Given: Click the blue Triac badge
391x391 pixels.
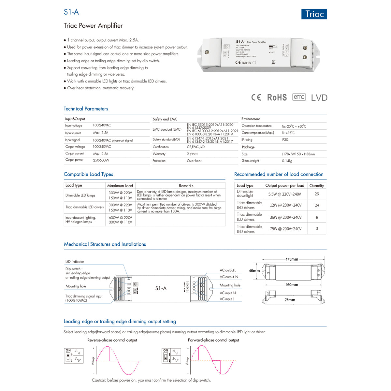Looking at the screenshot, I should coord(314,14).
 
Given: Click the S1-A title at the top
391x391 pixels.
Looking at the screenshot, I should coord(71,12).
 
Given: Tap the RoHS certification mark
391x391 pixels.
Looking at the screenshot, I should coord(277,97).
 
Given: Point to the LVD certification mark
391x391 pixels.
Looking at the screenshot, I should coord(319,98).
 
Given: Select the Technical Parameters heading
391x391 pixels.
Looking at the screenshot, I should coord(86,109).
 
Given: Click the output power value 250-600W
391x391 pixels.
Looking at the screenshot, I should coord(101,160).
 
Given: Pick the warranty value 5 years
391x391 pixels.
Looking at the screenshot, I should coord(192,153).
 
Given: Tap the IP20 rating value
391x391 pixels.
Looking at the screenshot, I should coord(285,140).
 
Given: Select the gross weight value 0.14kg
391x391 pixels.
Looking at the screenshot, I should coord(287,161).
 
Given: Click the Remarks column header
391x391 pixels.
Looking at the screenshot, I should coord(186,186).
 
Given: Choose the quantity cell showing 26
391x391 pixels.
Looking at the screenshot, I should coord(317,194).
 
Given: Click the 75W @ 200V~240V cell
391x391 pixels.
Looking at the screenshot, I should coord(285,229).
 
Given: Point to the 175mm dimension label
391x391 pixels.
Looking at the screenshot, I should coord(292,259).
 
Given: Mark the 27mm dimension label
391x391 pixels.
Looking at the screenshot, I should coord(290,300).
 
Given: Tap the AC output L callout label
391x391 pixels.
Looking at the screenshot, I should coord(228,270).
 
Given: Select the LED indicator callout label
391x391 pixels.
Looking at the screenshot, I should coord(75,262).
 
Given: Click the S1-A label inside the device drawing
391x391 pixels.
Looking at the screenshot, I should coord(161,288).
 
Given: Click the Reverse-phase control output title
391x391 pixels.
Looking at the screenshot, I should coord(112,340).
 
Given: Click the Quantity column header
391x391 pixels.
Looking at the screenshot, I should coord(317,186).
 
